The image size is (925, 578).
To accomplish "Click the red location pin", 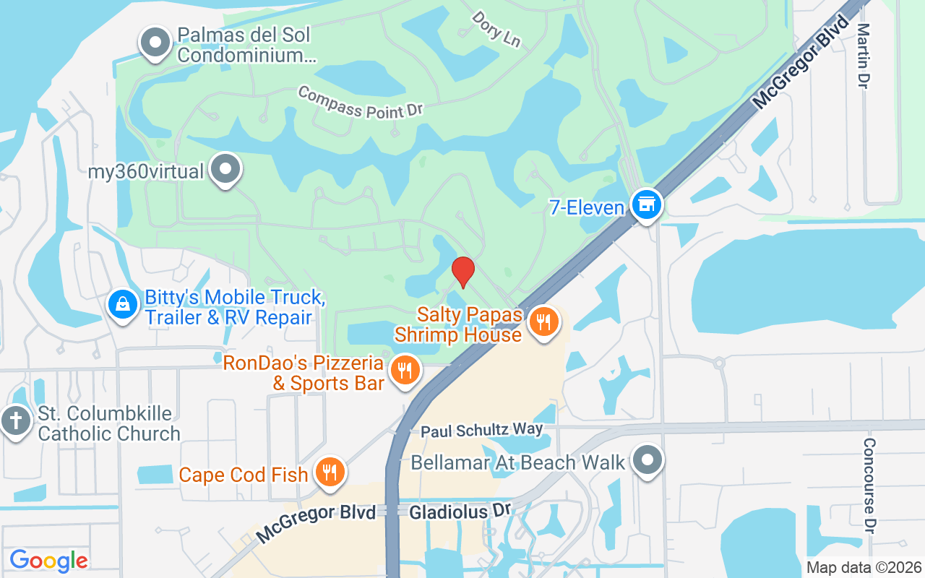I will pos(462,272).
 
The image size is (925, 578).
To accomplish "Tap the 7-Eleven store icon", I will pos(647,204).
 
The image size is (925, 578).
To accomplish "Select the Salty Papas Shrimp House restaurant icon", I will pos(544,322).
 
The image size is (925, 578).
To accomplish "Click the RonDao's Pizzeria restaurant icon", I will pos(405,371).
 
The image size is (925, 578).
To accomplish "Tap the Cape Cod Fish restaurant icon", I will pos(330,473).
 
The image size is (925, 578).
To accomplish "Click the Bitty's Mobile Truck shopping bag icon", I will pos(124,304).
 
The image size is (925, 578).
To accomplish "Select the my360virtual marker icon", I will pos(226,169).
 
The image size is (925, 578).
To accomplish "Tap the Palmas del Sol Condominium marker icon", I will pos(155,43).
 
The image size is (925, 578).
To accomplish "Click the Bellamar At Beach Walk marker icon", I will pos(647,460).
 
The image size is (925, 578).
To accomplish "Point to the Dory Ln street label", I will pos(496,29).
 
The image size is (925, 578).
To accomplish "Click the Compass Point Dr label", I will pos(359,102).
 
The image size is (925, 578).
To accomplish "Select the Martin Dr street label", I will pos(863,56).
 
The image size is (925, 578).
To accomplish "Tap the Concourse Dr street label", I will pos(869,486).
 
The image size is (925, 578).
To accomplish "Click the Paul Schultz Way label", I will pos(482,431).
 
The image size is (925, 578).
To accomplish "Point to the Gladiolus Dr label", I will pos(460,512).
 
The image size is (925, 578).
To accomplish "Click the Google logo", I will pos(48,560).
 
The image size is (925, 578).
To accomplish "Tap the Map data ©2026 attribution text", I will pos(864,568).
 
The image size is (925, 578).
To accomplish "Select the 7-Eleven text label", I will pos(586,208).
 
